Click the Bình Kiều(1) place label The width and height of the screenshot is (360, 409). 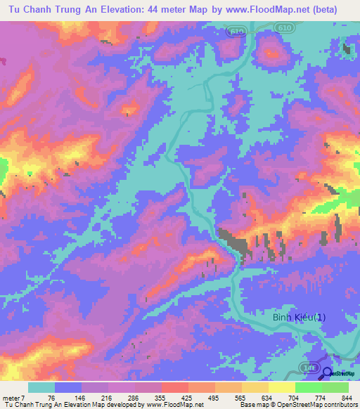pos(300,318)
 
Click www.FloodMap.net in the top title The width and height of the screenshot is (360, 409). pos(271,10)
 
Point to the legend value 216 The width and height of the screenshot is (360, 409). pos(108,397)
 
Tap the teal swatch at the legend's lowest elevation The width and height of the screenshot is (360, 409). pos(41,387)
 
